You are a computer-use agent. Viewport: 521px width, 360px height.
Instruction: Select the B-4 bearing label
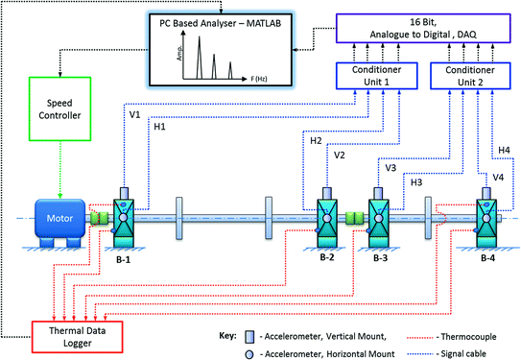488,257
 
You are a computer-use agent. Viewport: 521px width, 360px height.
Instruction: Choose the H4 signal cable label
502,149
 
